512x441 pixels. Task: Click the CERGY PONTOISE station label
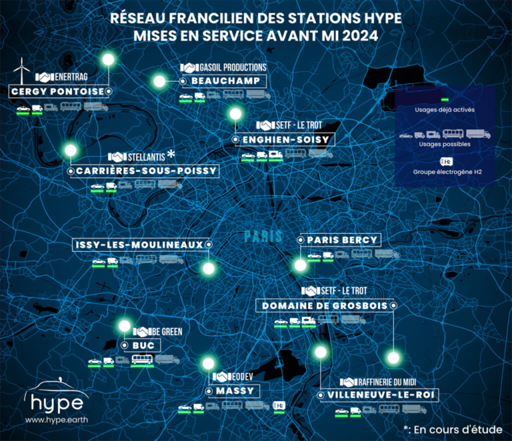(x=57, y=91)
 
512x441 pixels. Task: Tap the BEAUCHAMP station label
(x=225, y=81)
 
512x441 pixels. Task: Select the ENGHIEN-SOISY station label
(x=285, y=139)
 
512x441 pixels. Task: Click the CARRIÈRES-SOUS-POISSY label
(x=146, y=171)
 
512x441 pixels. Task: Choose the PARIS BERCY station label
(x=342, y=240)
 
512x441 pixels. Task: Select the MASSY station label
(x=234, y=391)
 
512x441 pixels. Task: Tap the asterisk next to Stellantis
(x=171, y=154)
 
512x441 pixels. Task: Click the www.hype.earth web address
(x=54, y=420)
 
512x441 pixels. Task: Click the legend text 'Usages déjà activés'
(x=443, y=110)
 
